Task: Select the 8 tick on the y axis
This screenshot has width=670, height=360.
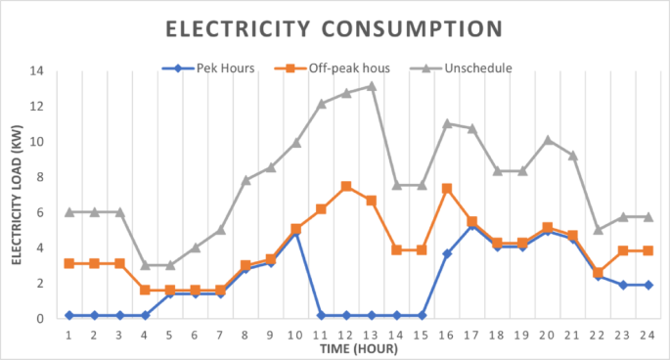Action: click(x=40, y=177)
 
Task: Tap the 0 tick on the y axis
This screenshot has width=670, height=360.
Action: click(x=40, y=319)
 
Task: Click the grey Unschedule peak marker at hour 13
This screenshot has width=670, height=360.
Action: click(x=372, y=86)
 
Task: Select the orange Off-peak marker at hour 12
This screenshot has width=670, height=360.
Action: click(x=346, y=186)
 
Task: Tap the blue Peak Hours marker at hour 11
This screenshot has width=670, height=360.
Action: click(x=321, y=315)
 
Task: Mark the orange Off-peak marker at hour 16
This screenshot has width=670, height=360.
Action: click(x=447, y=188)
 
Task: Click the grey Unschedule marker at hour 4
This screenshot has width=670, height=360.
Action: click(x=145, y=265)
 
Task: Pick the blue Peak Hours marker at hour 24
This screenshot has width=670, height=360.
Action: click(x=648, y=285)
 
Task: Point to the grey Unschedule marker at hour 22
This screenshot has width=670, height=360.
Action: click(x=598, y=230)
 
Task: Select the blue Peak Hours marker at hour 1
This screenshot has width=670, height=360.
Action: click(x=69, y=315)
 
